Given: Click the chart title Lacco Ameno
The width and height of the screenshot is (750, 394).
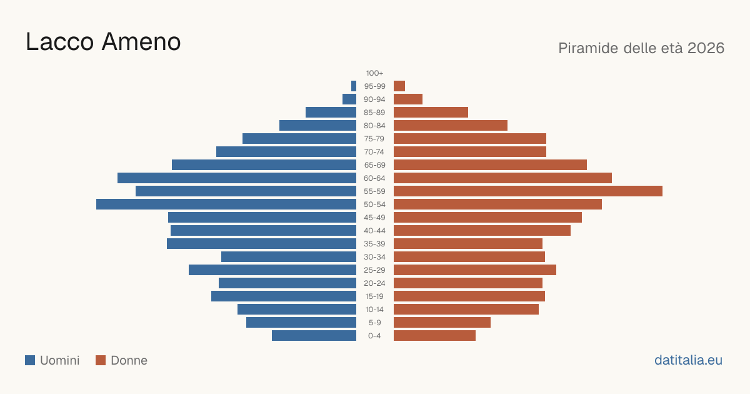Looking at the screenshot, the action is (x=103, y=42).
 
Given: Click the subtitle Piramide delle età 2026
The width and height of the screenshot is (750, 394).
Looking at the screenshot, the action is (x=641, y=48).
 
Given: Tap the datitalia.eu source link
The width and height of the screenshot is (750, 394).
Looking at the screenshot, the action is (x=688, y=360).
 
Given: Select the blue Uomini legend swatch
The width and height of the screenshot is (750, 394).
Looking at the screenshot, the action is (x=30, y=360).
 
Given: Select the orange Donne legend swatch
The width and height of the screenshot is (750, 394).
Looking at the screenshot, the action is (x=101, y=360).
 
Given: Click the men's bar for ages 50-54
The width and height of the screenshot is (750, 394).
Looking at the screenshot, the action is (x=226, y=205).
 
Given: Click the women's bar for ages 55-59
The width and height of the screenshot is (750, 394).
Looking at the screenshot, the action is (x=528, y=191).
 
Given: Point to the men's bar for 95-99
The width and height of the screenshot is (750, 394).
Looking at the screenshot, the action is (x=354, y=86).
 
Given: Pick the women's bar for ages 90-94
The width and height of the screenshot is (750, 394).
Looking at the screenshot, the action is (x=408, y=99).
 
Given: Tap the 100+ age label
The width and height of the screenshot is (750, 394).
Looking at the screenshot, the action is (x=374, y=73).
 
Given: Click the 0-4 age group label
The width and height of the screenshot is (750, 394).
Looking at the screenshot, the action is (x=374, y=336).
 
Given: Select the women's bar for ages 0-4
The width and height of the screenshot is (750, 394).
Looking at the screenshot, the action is (x=434, y=336).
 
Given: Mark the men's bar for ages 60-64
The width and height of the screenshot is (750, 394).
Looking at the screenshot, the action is (x=237, y=178).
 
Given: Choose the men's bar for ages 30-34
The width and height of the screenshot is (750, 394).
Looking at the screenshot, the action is (x=289, y=257).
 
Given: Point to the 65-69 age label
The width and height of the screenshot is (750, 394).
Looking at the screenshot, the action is (x=374, y=165).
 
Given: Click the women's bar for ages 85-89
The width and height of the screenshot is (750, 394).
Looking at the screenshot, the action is (x=431, y=112).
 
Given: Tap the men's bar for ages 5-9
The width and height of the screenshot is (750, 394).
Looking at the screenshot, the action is (x=301, y=323).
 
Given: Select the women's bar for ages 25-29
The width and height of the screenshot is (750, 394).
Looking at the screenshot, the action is (x=475, y=270).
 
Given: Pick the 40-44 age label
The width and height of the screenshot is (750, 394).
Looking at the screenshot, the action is (x=374, y=231).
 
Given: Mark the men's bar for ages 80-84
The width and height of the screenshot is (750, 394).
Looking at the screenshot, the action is (x=317, y=126).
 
